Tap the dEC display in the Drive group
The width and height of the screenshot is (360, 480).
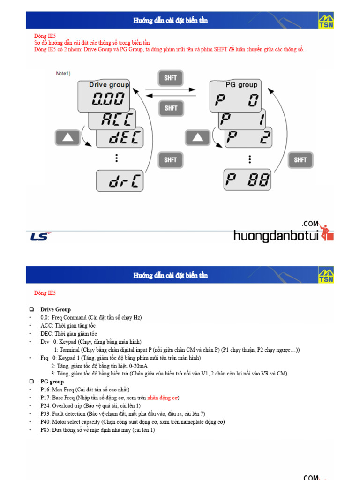click(120, 138)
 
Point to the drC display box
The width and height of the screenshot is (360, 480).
click(120, 181)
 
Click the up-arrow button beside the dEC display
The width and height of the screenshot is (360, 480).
click(68, 138)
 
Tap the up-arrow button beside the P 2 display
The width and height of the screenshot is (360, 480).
click(198, 138)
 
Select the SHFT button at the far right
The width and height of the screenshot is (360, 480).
click(300, 160)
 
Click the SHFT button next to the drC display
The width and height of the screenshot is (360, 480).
click(171, 160)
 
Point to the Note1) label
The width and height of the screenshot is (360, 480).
click(63, 74)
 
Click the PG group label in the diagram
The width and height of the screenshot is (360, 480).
click(241, 85)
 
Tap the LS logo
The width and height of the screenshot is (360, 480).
click(40, 236)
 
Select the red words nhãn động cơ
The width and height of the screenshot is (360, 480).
click(163, 397)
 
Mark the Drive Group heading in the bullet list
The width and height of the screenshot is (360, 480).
click(55, 309)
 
